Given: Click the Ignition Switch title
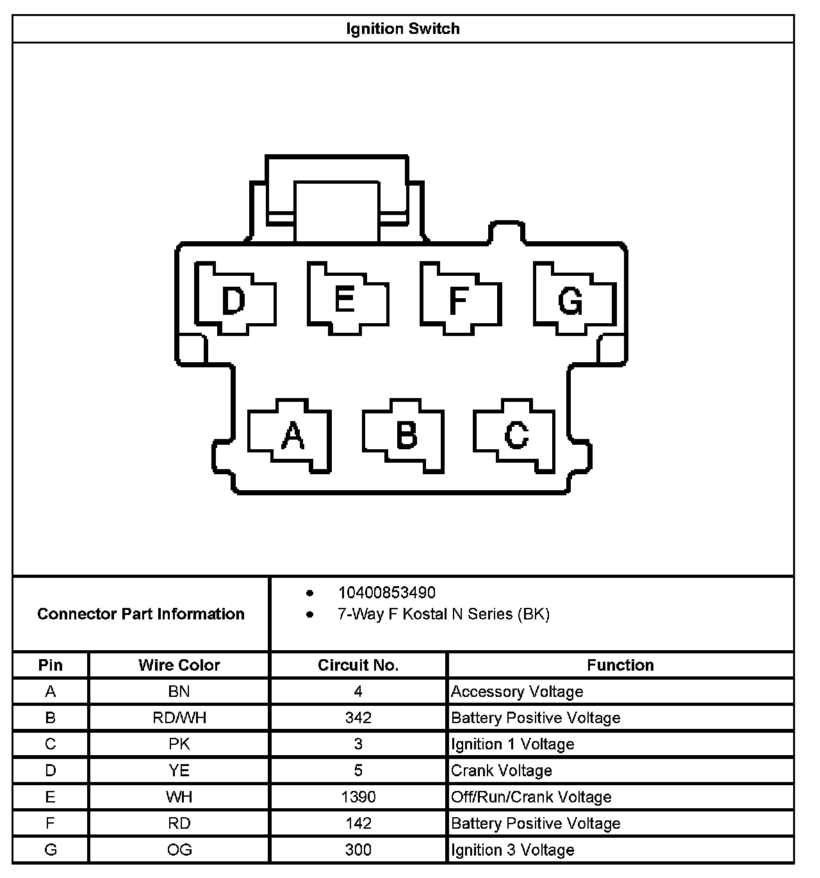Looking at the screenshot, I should tap(403, 29).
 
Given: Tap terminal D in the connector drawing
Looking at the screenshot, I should tap(234, 299).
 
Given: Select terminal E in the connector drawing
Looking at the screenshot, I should tap(345, 299).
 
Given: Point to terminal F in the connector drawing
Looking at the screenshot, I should tap(458, 299).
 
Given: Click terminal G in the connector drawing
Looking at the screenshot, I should tap(571, 300).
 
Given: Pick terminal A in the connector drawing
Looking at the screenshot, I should tap(292, 436).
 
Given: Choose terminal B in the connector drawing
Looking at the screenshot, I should tap(406, 435).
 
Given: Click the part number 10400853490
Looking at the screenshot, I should tap(386, 593).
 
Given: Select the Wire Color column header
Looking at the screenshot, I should tap(179, 665).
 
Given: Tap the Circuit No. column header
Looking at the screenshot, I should tap(358, 665).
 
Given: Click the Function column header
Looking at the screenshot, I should tap(620, 665).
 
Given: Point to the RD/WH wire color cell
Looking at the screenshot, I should tap(179, 717).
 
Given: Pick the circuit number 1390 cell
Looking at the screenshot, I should tap(358, 797).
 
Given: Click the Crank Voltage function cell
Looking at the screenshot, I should tap(502, 770).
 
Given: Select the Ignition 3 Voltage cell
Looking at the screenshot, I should tap(512, 850).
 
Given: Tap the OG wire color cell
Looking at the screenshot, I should tap(179, 850).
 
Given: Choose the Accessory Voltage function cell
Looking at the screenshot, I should tap(517, 691).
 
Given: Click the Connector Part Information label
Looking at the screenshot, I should tap(141, 614).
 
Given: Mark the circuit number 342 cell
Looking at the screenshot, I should tap(358, 717).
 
